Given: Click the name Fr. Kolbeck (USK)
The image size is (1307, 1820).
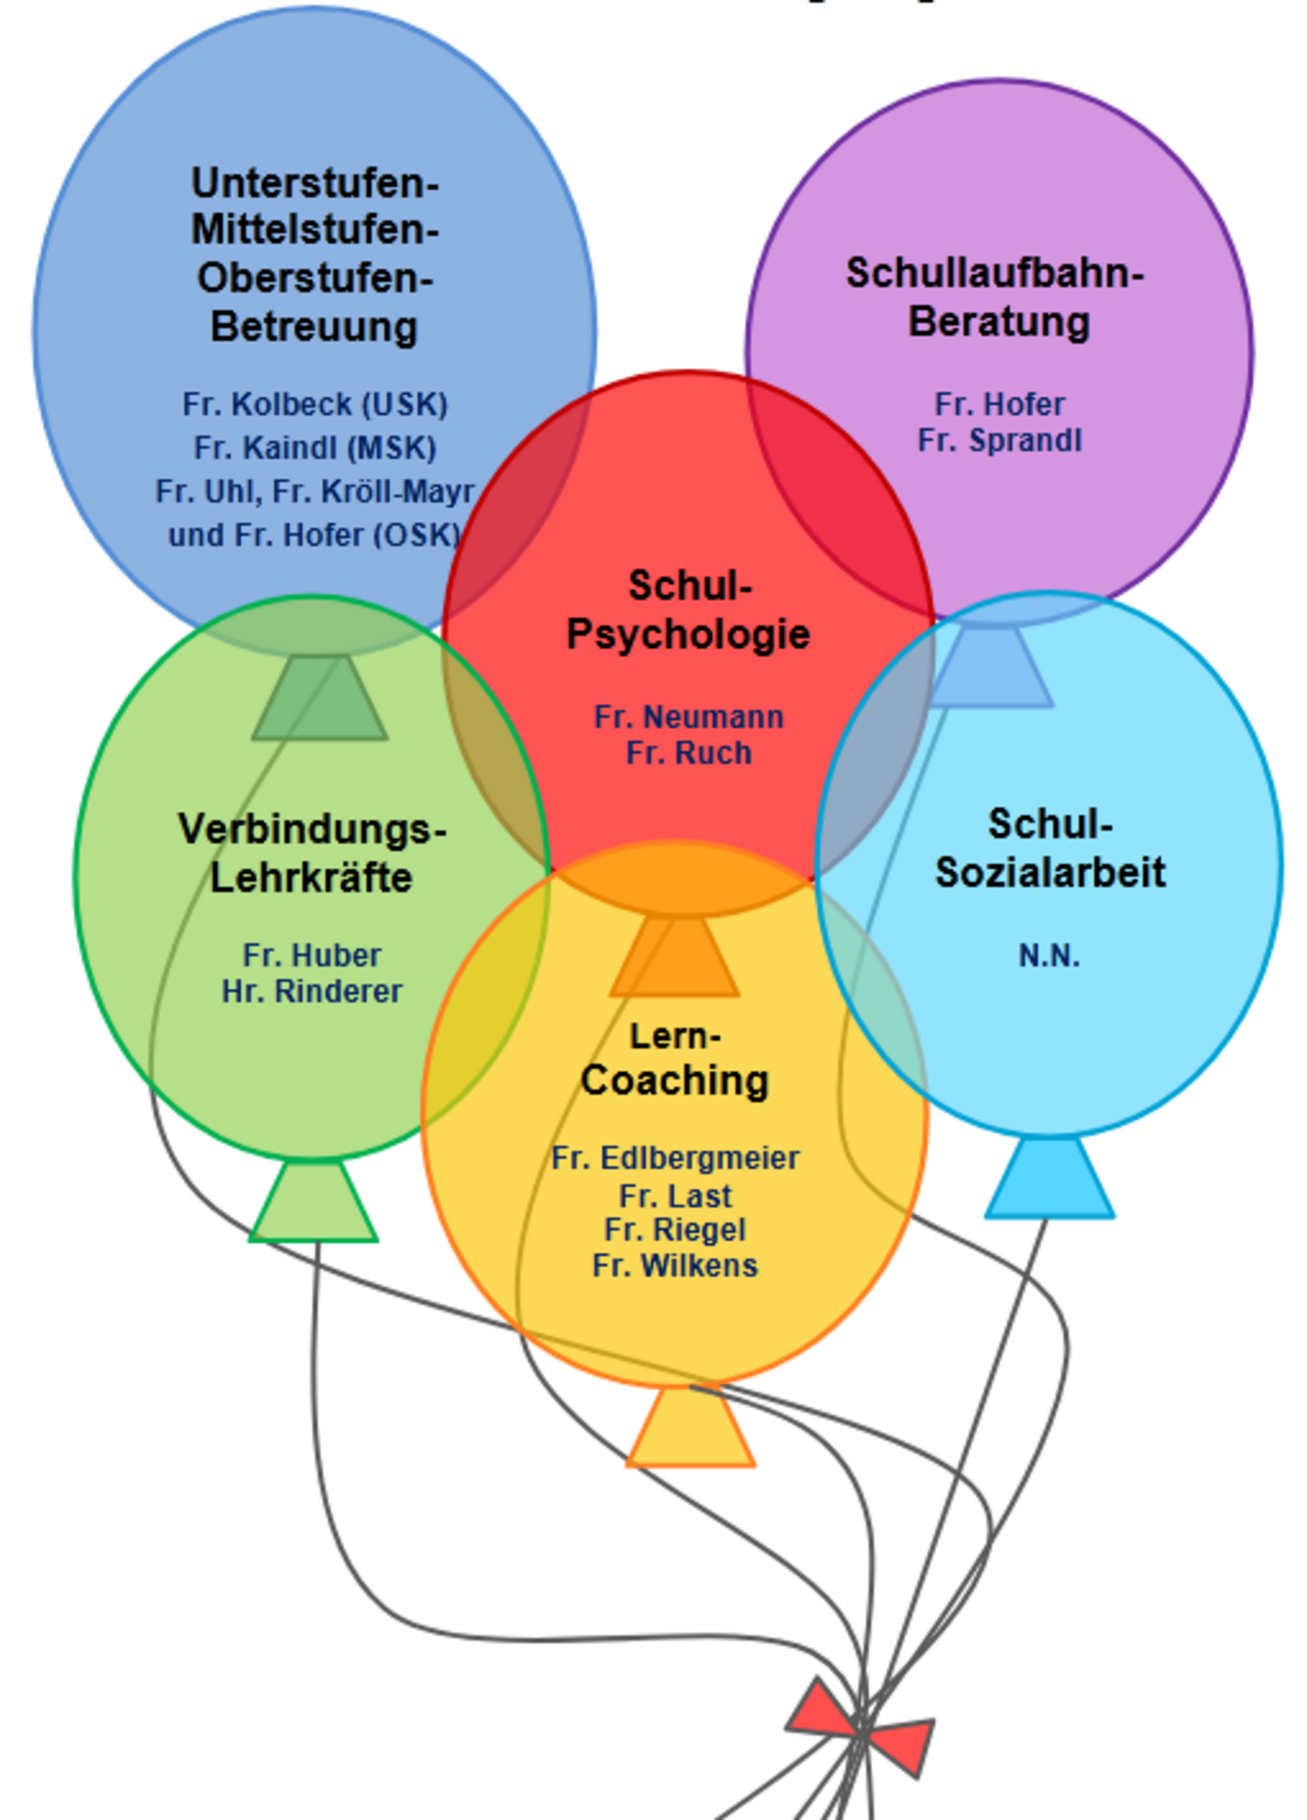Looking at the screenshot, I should click(x=314, y=404).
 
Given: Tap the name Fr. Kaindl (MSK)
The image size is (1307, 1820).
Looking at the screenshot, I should click(x=314, y=448).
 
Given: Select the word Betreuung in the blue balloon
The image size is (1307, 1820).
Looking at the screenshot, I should click(x=314, y=327).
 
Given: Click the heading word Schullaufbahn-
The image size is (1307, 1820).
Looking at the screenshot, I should click(x=995, y=274).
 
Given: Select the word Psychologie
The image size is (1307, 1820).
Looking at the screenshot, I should click(x=688, y=634).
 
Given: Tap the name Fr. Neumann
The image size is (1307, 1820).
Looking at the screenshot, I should click(x=688, y=716).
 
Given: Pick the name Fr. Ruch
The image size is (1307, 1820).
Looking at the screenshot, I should click(x=688, y=753).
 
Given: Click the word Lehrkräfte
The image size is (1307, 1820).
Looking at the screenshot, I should click(x=311, y=877).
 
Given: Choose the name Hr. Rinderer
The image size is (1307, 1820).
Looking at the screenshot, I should click(x=311, y=992).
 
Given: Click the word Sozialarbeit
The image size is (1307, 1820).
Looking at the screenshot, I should click(x=1050, y=872).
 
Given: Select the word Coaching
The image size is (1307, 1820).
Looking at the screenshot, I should click(x=675, y=1080).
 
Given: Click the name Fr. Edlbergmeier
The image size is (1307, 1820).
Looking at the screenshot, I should click(x=675, y=1158).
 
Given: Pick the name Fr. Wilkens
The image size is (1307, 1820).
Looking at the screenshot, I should click(x=675, y=1266).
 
